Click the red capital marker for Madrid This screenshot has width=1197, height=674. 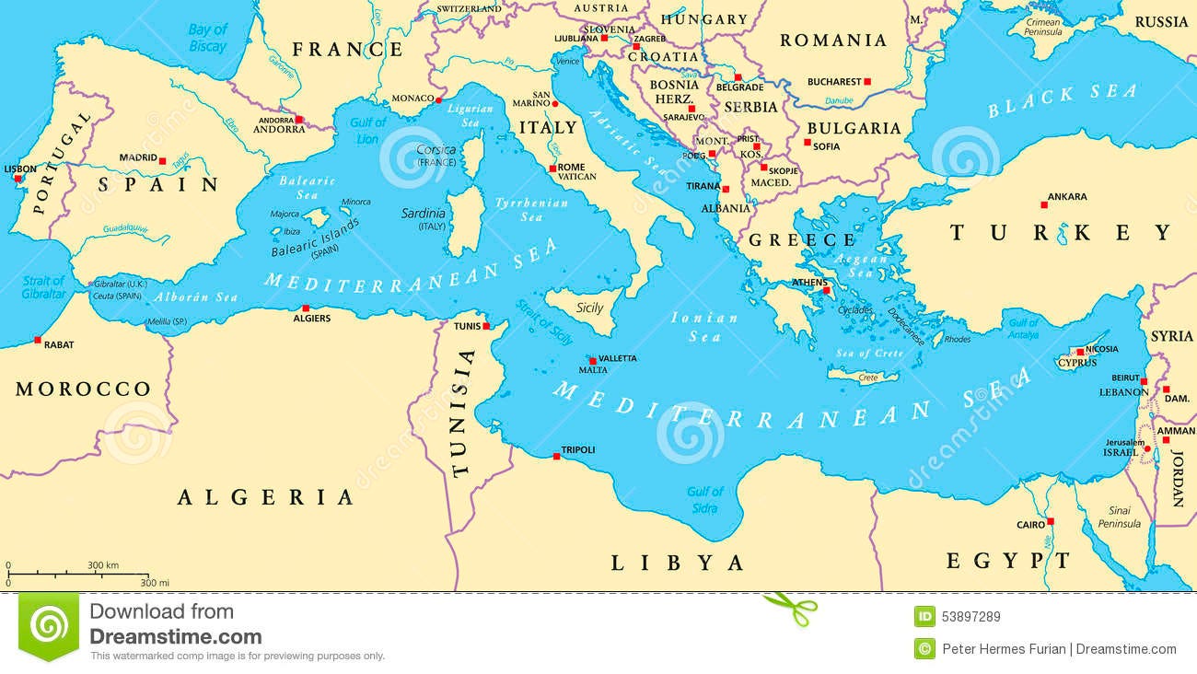tap(163, 161)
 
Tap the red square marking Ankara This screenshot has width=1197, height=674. tap(1043, 204)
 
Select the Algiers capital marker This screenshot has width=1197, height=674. tap(305, 309)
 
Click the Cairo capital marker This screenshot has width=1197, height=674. tap(1051, 521)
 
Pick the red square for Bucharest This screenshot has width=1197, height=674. tap(866, 81)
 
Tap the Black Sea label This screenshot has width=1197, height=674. tap(1062, 100)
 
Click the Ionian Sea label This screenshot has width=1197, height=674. tap(704, 327)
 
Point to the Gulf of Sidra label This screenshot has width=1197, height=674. tap(704, 499)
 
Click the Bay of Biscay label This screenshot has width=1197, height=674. tap(207, 38)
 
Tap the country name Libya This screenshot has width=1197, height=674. tap(677, 563)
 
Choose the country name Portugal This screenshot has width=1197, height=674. tap(63, 162)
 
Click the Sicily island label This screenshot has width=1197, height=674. tap(589, 308)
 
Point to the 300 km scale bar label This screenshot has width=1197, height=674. tap(103, 564)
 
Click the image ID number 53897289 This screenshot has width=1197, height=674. tap(971, 616)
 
